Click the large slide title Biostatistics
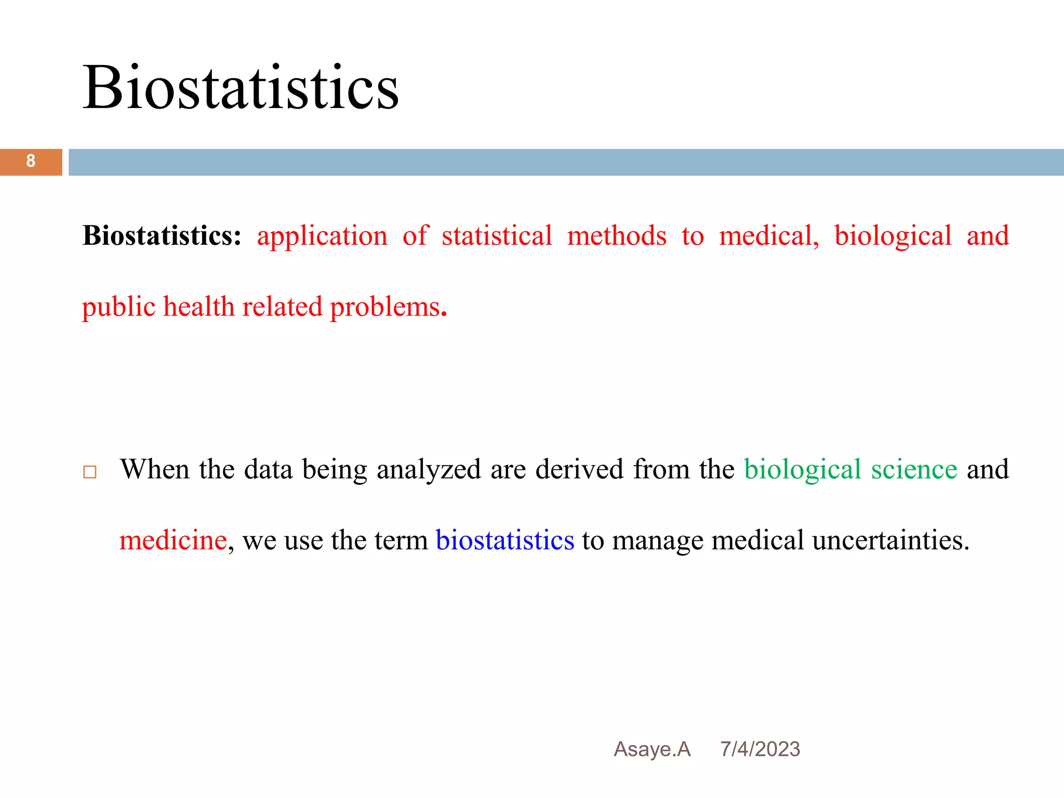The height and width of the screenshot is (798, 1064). pos(241,87)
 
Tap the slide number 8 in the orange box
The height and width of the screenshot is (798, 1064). pos(31,161)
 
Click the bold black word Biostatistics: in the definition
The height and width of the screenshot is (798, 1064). pos(162,236)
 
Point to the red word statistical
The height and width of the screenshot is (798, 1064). pos(497,236)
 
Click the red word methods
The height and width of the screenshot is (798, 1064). pos(617,236)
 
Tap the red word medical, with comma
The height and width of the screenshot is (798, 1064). pos(769,236)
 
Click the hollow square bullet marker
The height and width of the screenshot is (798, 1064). pos(90,472)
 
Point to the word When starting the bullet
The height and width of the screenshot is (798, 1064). pos(154,469)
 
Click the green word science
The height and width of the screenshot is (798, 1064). pos(914,469)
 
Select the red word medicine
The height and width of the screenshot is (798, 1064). pos(173,540)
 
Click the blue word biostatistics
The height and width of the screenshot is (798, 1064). pos(504,540)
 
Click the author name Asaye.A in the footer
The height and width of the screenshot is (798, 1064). pos(652,749)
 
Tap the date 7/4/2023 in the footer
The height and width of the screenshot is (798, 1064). pos(760,749)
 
